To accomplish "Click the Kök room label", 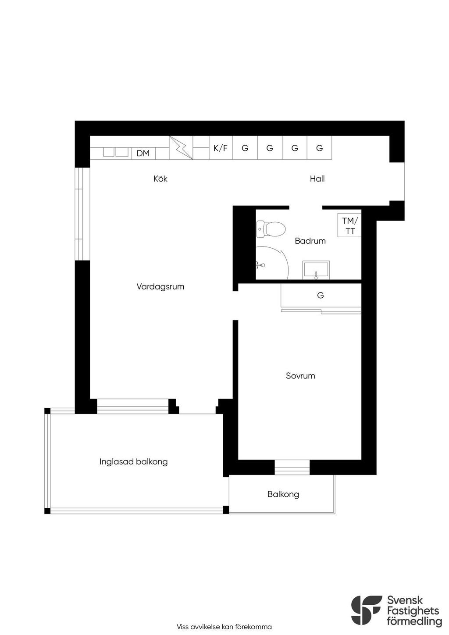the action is (160, 179).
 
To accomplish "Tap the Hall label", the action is (317, 179).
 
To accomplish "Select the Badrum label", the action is (310, 241).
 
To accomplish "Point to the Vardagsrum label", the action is (160, 287).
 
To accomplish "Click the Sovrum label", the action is (300, 376).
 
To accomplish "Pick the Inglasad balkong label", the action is (133, 462).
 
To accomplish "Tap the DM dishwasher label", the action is (143, 153).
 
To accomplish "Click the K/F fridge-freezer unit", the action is (221, 148).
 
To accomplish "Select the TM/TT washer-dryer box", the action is (349, 225).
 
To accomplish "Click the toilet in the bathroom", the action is (271, 229).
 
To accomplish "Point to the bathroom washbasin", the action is (316, 271).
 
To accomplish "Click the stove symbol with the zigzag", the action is (181, 148).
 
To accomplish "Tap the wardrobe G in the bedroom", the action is (321, 296).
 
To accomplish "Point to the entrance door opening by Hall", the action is (397, 182).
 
